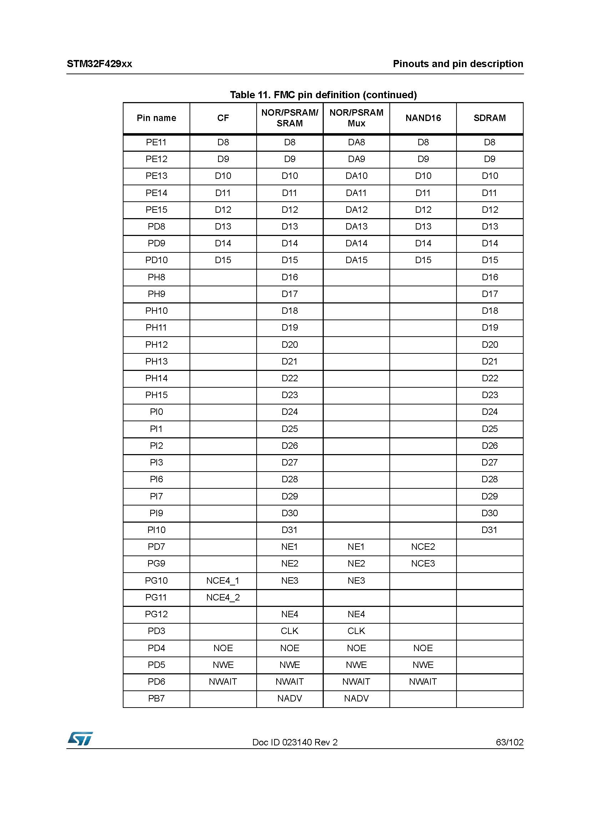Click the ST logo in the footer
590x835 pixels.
tap(80, 739)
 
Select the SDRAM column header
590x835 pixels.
tap(489, 118)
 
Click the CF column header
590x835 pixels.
tap(223, 118)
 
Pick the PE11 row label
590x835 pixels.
tap(156, 142)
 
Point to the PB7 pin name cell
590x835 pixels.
tap(156, 698)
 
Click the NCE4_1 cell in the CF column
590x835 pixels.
tap(223, 580)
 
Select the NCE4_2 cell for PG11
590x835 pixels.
tap(223, 597)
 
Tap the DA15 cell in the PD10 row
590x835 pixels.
tap(356, 260)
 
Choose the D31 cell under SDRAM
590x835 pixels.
tap(489, 530)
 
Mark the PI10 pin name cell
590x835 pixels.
tap(156, 530)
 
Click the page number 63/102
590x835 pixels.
tap(509, 742)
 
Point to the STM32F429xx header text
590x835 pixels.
tap(99, 64)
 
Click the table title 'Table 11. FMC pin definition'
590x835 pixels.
tap(323, 95)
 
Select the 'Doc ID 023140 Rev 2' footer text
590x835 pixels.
tap(295, 742)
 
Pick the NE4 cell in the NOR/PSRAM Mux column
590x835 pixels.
tap(356, 614)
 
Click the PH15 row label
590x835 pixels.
tap(156, 395)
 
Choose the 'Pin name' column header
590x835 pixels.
tap(156, 118)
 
